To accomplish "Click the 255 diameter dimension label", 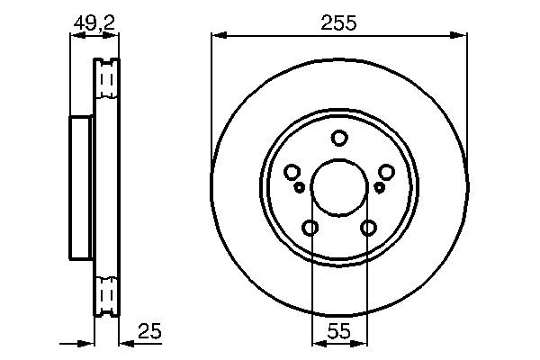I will pyautogui.click(x=339, y=24).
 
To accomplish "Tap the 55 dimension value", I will pyautogui.click(x=338, y=331).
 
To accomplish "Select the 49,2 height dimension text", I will pyautogui.click(x=95, y=24).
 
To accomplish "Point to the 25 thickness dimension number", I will pyautogui.click(x=148, y=332).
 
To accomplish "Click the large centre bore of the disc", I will pyautogui.click(x=338, y=187).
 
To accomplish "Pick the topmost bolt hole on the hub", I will pyautogui.click(x=339, y=139).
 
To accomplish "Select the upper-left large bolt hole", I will pyautogui.click(x=292, y=173).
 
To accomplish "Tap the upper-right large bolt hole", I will pyautogui.click(x=387, y=173).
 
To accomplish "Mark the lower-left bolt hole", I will pyautogui.click(x=310, y=229).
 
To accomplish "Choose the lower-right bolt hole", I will pyautogui.click(x=368, y=229).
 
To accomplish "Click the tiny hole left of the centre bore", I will pyautogui.click(x=300, y=187).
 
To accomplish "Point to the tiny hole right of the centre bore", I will pyautogui.click(x=379, y=187).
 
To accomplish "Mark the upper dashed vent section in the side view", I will pyautogui.click(x=107, y=81).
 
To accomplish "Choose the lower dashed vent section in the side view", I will pyautogui.click(x=107, y=295).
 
